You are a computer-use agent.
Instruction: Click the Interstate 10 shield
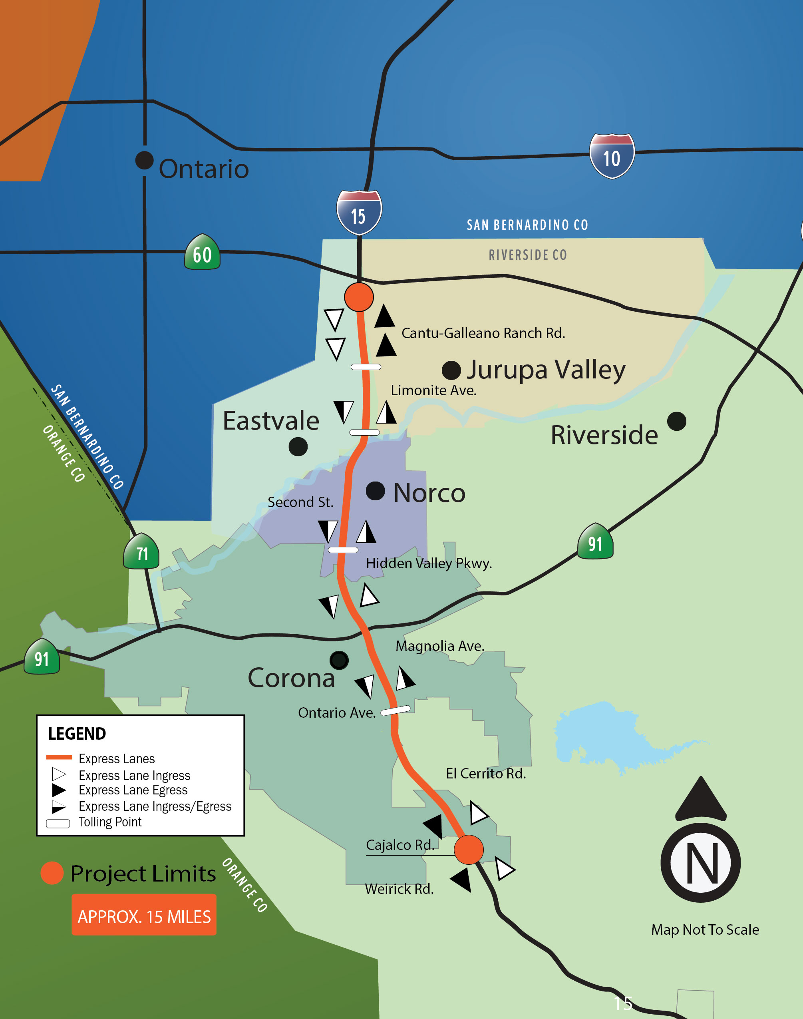point(612,157)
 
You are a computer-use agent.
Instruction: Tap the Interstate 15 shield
point(359,213)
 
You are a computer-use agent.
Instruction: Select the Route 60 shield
point(202,253)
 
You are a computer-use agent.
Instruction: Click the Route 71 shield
point(141,551)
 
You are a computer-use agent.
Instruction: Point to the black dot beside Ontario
point(144,160)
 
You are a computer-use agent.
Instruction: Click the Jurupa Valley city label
point(546,370)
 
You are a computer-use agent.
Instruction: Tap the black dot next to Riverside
point(676,421)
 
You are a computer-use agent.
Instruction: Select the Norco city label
point(429,493)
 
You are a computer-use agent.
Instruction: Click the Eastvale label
point(271,420)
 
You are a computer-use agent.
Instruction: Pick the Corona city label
point(291,678)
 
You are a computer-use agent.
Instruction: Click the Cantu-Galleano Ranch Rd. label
point(483,333)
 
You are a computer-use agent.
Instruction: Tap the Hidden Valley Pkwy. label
point(429,563)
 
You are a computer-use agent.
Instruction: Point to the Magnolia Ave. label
point(439,646)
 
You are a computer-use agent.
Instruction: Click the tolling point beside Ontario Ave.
point(396,710)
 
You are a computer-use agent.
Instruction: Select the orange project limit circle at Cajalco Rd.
point(468,850)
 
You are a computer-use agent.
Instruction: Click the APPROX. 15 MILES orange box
point(144,916)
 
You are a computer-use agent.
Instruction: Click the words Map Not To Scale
point(705,929)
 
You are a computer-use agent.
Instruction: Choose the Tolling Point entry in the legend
point(109,822)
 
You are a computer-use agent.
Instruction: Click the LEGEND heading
point(77,734)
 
